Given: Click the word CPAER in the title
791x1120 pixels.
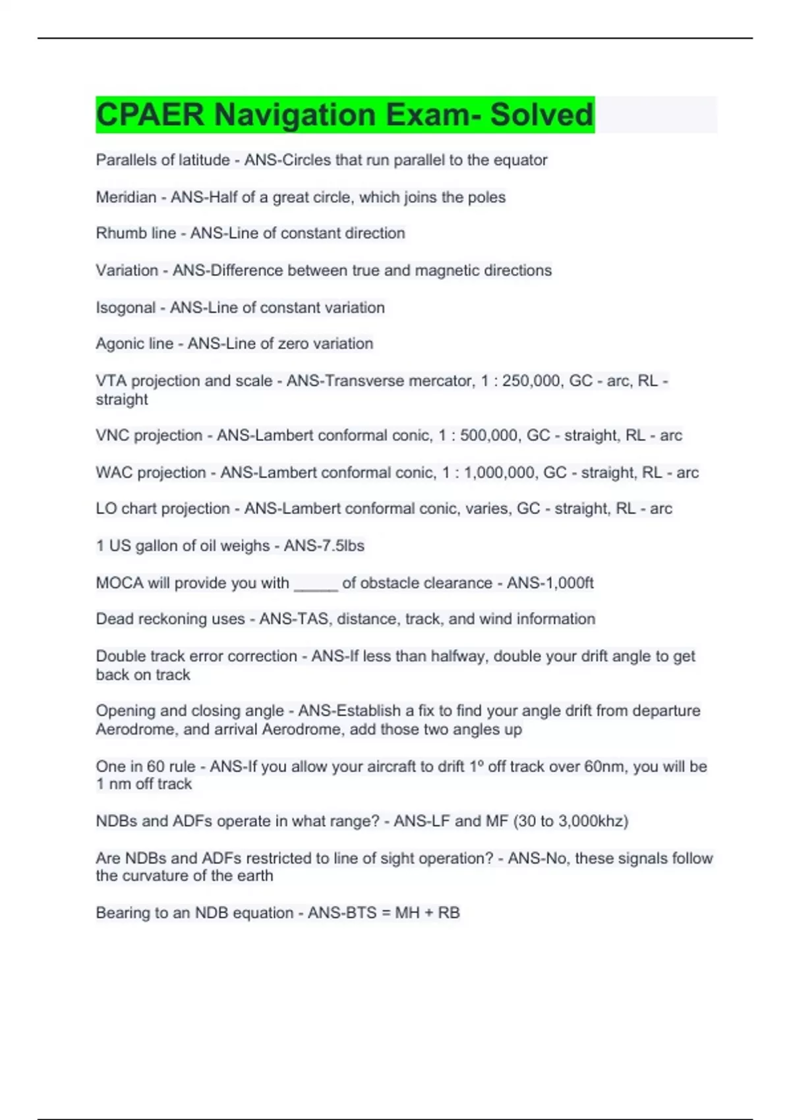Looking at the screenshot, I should coord(150,115).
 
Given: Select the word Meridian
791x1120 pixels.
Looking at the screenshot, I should coord(126,197).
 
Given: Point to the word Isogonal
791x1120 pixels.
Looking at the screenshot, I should coord(125,308).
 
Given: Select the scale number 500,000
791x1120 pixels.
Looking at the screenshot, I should coord(488,435).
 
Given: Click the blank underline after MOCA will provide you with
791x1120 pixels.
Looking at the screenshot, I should coord(316,584).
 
